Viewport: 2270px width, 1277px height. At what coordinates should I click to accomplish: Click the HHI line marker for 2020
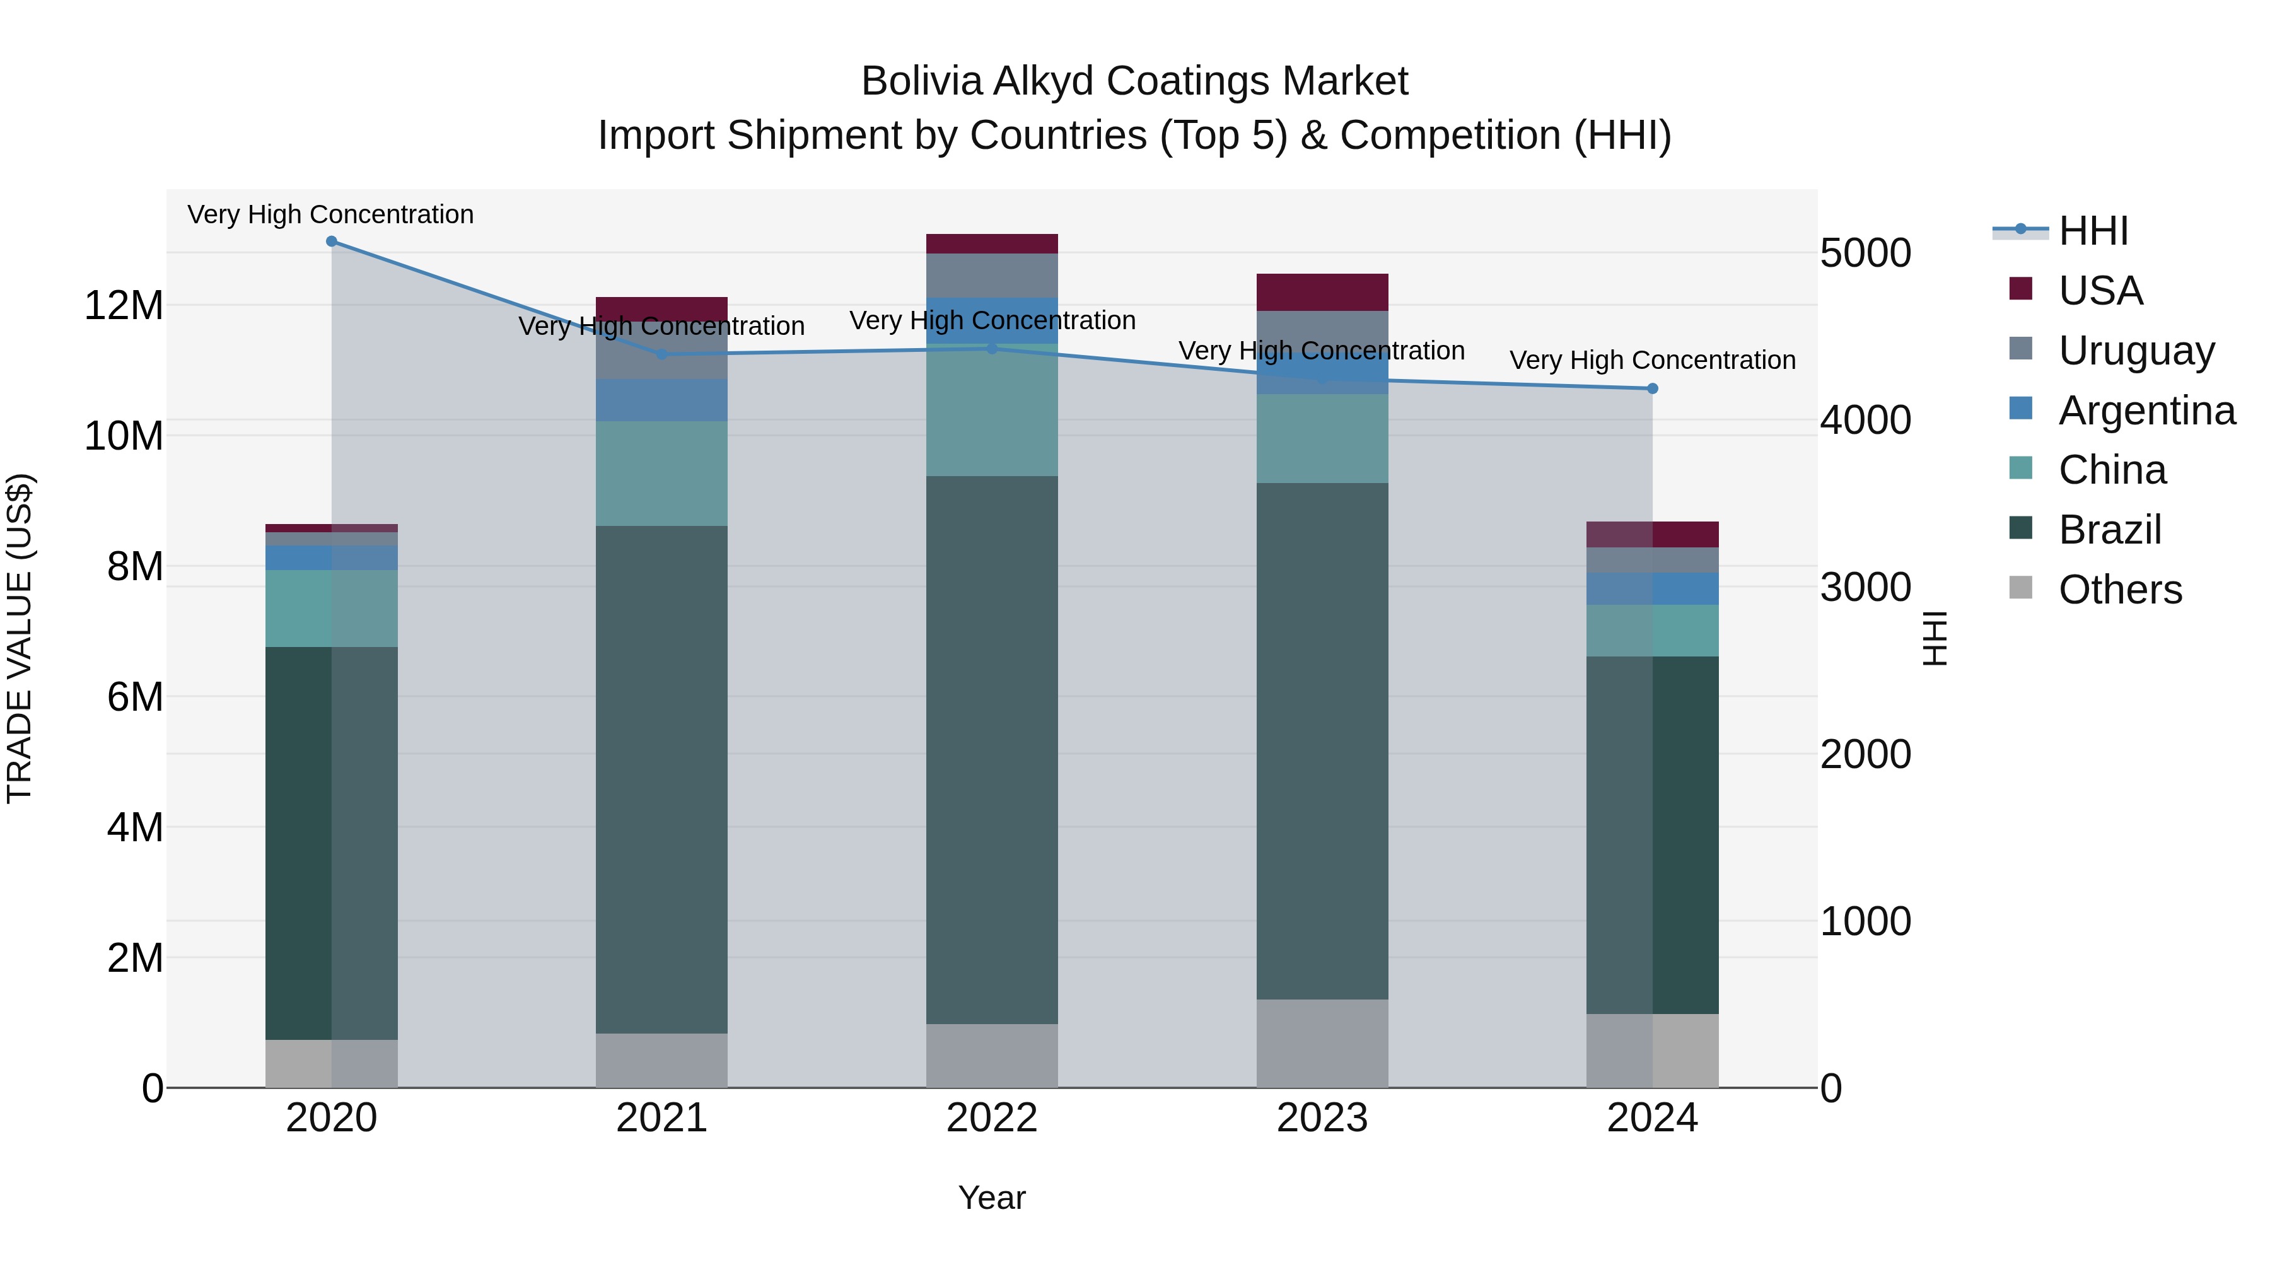tap(331, 242)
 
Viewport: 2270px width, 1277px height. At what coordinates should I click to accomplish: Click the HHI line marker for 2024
tap(1652, 388)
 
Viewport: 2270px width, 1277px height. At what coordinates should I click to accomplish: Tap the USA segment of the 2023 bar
tap(1322, 293)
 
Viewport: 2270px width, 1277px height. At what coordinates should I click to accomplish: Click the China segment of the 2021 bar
tap(662, 473)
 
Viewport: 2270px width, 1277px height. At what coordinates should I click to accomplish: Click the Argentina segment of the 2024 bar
tap(1652, 589)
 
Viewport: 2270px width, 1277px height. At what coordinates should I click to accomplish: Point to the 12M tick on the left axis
tap(124, 306)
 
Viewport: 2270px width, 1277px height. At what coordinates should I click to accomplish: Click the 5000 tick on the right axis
tap(1866, 254)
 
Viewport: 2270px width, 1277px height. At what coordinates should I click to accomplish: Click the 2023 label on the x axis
tap(1322, 1118)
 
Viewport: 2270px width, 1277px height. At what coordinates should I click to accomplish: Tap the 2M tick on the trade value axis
tap(135, 958)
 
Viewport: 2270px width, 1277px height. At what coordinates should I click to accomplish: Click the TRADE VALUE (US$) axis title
tap(20, 638)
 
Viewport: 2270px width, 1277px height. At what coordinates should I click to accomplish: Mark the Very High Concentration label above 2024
tap(1652, 361)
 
